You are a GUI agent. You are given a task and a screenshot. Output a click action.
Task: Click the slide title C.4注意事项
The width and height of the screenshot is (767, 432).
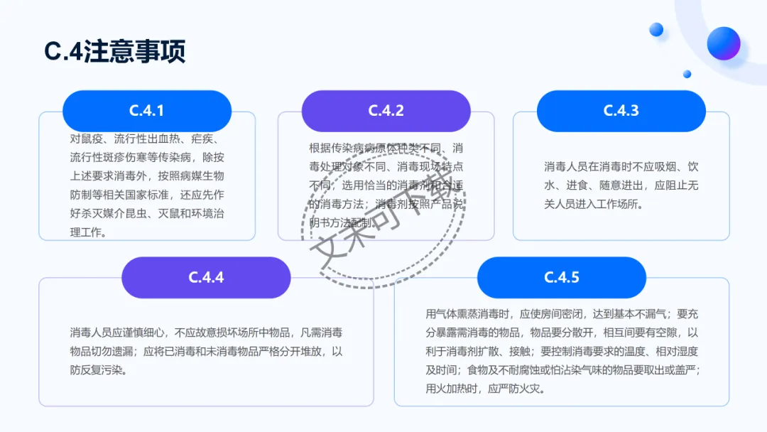(x=115, y=51)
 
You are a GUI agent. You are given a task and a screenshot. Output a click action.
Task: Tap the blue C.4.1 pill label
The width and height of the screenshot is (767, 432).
(x=147, y=111)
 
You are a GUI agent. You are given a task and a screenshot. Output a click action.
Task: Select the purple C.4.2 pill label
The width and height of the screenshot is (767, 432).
(x=386, y=111)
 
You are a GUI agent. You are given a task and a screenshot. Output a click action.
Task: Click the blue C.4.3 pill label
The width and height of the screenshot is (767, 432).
(x=621, y=111)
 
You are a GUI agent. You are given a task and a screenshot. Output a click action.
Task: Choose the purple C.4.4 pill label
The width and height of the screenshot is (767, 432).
(x=206, y=277)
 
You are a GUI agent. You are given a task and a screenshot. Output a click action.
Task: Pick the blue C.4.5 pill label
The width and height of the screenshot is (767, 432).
(x=562, y=277)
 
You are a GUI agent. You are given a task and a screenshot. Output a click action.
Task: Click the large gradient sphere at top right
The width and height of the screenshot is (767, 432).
(x=724, y=43)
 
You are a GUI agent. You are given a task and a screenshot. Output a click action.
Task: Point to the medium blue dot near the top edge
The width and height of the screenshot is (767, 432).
(x=656, y=29)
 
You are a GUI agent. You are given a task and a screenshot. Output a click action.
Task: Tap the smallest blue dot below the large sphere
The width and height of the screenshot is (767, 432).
(x=687, y=74)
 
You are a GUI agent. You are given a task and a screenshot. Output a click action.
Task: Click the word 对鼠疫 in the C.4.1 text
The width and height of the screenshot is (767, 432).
(x=86, y=139)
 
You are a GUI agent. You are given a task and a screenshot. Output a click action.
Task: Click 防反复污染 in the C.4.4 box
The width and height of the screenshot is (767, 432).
(x=97, y=370)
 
